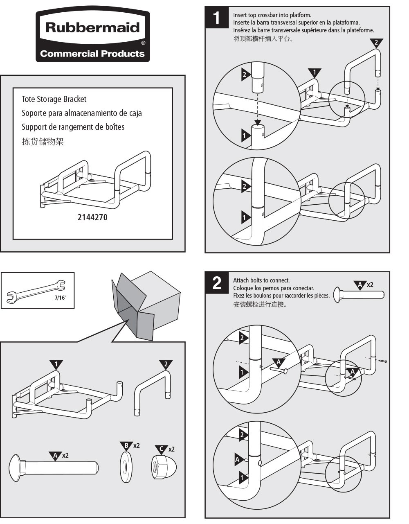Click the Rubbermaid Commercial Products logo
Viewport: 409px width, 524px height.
point(92,36)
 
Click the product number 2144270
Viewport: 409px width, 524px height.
point(92,217)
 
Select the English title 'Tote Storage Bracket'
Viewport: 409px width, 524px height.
point(54,99)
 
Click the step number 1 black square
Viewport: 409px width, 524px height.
point(217,18)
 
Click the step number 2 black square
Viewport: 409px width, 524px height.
point(217,283)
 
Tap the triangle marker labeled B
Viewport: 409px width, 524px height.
point(126,445)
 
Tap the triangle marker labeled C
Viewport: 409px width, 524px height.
point(162,449)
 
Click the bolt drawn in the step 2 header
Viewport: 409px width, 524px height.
point(359,294)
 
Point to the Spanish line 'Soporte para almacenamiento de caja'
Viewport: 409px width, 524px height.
point(82,113)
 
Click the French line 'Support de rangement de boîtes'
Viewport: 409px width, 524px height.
point(73,127)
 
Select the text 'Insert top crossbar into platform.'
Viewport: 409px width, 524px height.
point(272,15)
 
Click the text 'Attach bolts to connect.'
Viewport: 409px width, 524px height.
point(261,280)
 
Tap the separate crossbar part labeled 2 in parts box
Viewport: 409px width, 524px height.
point(152,393)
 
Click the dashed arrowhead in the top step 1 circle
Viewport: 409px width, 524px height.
point(257,122)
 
